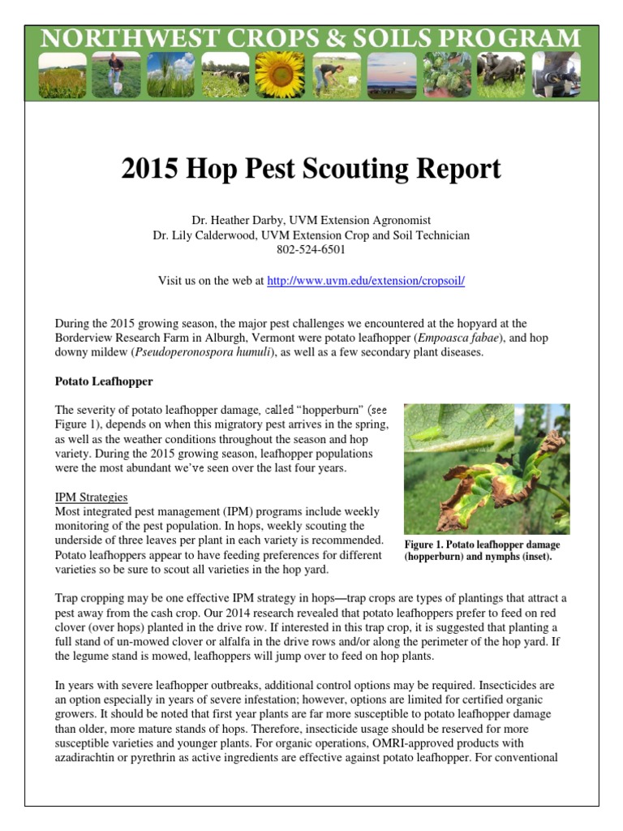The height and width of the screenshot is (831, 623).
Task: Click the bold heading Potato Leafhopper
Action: coord(103,381)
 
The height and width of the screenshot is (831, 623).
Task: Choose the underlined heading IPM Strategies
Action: coord(91,497)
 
